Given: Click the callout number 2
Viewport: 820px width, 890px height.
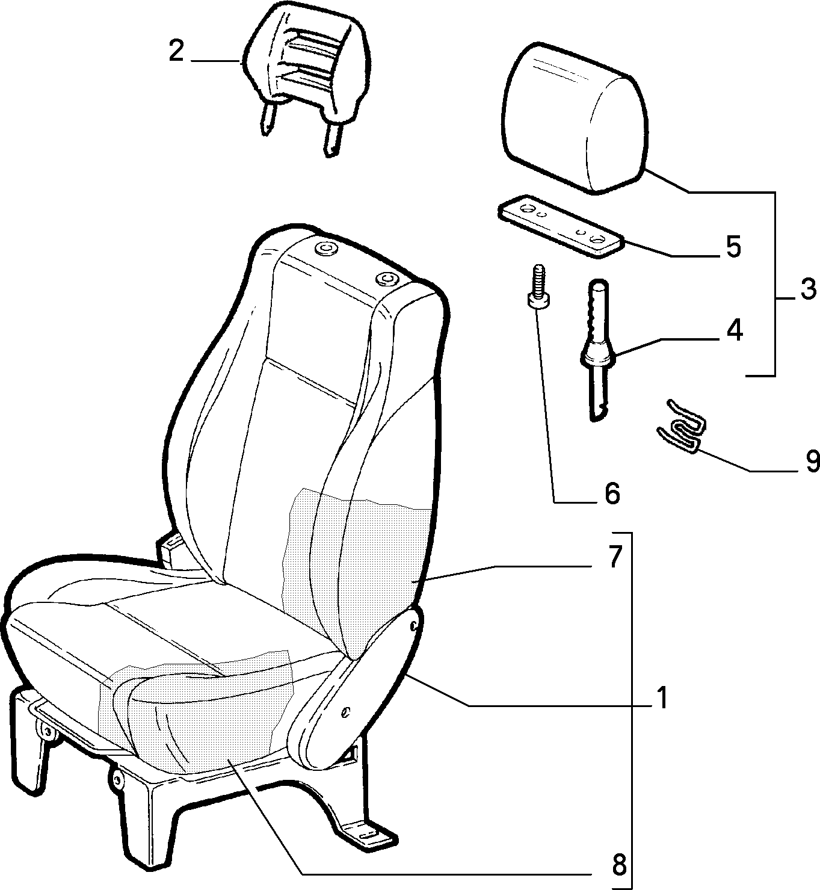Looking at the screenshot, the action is [176, 52].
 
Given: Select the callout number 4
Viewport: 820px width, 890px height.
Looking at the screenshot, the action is [735, 330].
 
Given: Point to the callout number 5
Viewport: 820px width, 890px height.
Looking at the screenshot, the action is [733, 247].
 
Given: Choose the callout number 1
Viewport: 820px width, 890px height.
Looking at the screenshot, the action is [662, 697].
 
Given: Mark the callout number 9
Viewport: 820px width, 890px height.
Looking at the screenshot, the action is [812, 462].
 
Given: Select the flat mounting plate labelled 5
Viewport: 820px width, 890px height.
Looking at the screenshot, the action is [561, 225].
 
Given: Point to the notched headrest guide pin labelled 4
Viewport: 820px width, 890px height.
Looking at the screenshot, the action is [599, 350].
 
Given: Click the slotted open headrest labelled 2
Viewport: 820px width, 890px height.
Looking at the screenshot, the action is [306, 80].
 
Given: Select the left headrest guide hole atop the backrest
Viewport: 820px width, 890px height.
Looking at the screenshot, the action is [325, 249].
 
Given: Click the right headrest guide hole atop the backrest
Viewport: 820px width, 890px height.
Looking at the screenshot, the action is [387, 279].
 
